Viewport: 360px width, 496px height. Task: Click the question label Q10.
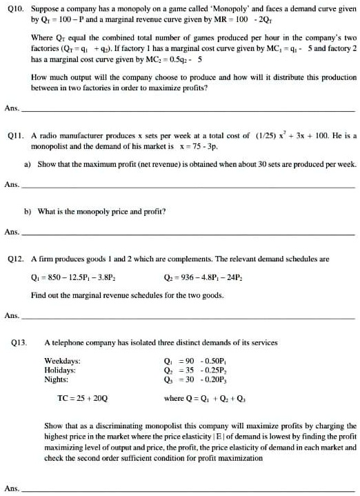point(13,10)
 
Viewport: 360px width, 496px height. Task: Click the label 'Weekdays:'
point(62,360)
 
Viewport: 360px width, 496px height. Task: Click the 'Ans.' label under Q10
point(11,108)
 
